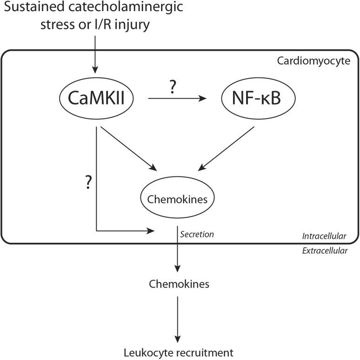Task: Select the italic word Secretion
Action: point(197,234)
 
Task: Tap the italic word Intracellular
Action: point(324,236)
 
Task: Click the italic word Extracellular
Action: point(324,250)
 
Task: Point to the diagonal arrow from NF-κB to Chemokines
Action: point(228,149)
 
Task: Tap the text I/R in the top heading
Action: point(108,24)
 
